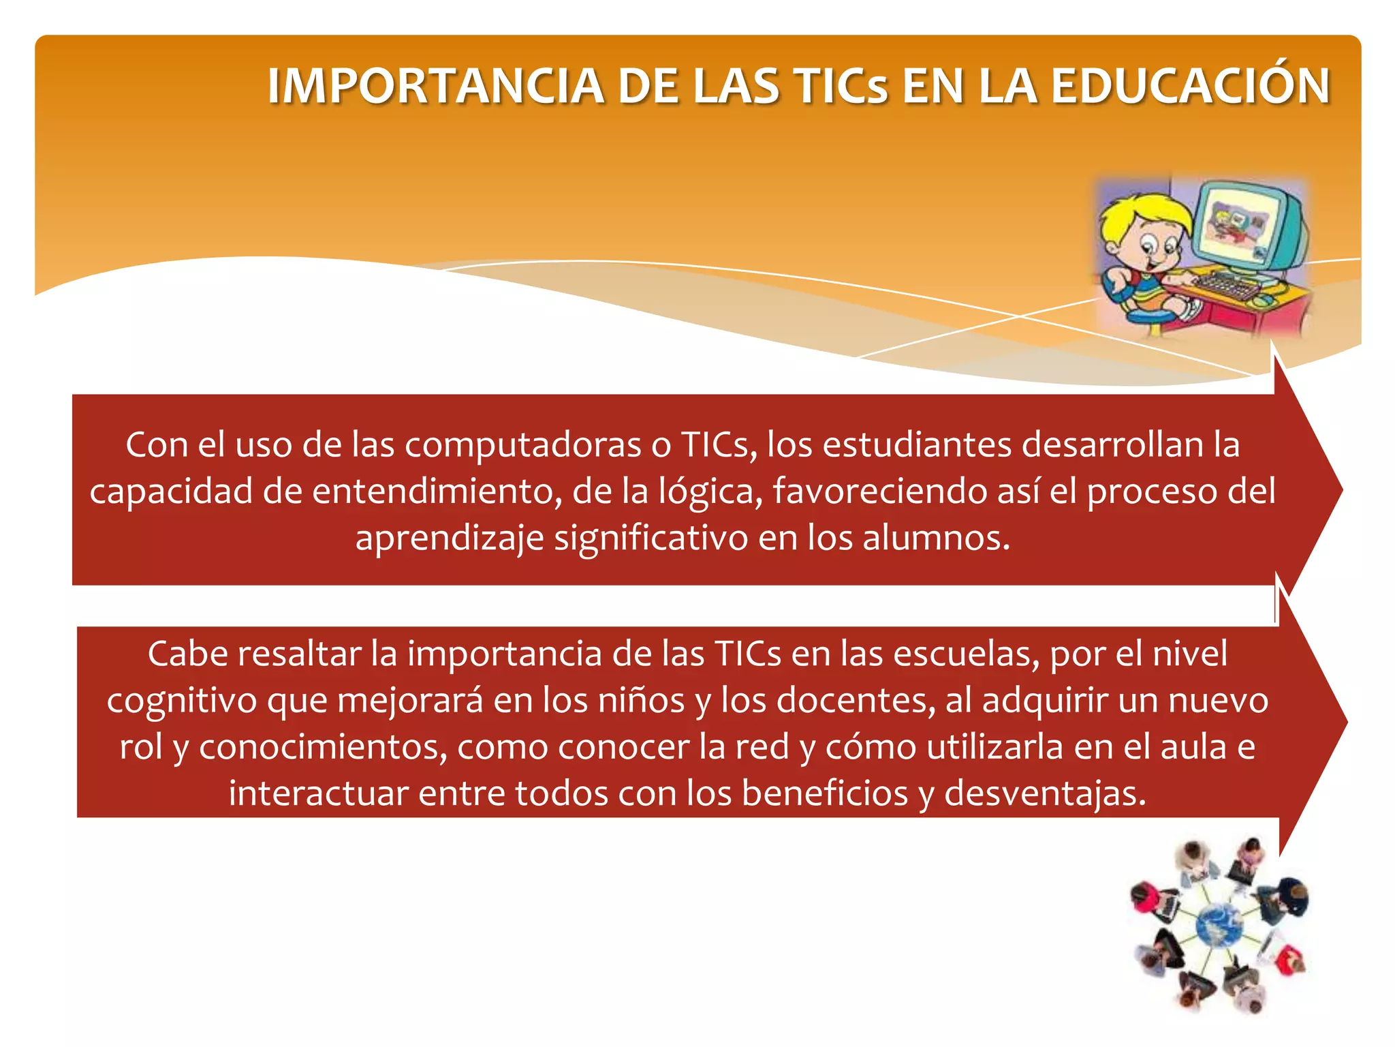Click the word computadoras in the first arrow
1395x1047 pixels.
click(523, 445)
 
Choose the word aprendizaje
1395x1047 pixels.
click(450, 538)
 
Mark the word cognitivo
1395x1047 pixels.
click(181, 701)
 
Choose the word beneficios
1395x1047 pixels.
click(825, 793)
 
